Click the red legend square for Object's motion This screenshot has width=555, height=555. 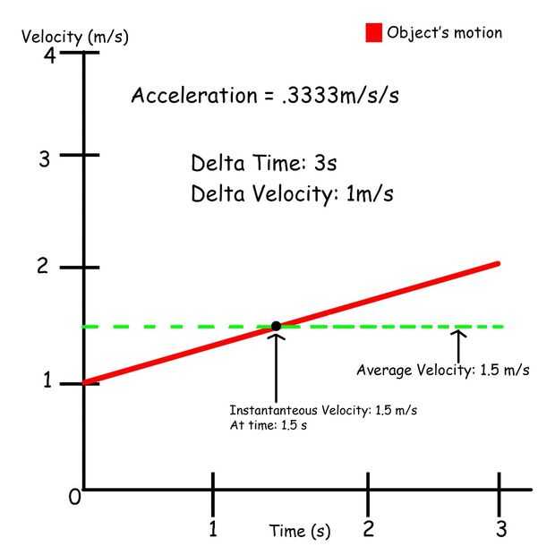[373, 33]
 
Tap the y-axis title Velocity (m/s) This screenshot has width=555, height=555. [75, 37]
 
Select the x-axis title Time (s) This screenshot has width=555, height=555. [300, 531]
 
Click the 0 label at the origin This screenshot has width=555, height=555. [75, 498]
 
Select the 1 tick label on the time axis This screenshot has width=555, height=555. [213, 529]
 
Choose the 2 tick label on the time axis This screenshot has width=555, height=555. [368, 529]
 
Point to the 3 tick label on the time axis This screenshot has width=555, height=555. [501, 529]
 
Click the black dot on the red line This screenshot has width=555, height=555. [276, 326]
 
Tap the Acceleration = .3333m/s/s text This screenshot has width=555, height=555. [265, 96]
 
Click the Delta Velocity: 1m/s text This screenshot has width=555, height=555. [292, 193]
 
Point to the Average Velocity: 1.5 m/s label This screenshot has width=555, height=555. [443, 370]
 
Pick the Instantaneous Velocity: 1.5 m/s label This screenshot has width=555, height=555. [323, 410]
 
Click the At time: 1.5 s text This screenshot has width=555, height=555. [269, 425]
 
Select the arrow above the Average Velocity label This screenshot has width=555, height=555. [457, 345]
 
